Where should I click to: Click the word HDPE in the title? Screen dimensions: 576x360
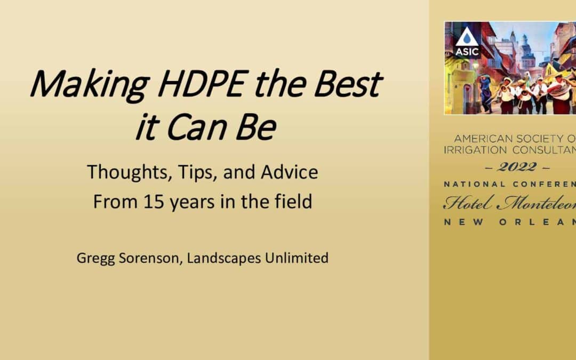coord(201,83)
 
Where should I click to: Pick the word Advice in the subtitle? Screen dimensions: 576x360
coord(289,172)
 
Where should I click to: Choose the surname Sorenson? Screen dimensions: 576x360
coord(150,258)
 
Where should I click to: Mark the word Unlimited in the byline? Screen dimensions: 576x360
coord(297,258)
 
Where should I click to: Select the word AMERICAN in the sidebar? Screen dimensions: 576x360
coord(483,139)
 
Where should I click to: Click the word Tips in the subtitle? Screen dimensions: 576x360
coord(198,172)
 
